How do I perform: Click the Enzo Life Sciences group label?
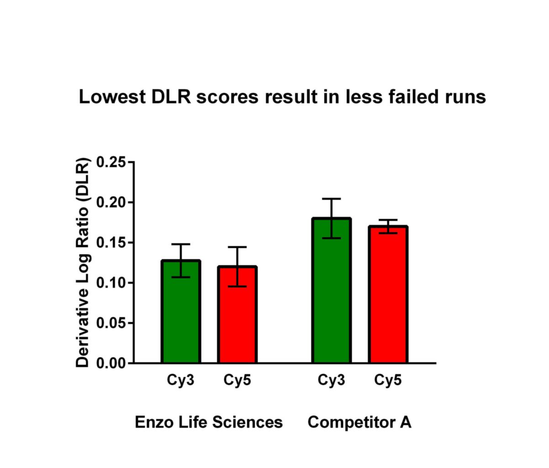[x=209, y=422]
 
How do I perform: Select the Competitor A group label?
[x=359, y=422]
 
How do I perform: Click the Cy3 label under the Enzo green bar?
[x=181, y=380]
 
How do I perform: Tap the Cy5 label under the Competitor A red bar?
[x=388, y=380]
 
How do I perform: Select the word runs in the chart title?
[x=467, y=97]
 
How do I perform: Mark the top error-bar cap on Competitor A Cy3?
[x=331, y=199]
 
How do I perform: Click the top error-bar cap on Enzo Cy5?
[x=237, y=247]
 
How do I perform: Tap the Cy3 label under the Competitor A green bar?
[x=331, y=380]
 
